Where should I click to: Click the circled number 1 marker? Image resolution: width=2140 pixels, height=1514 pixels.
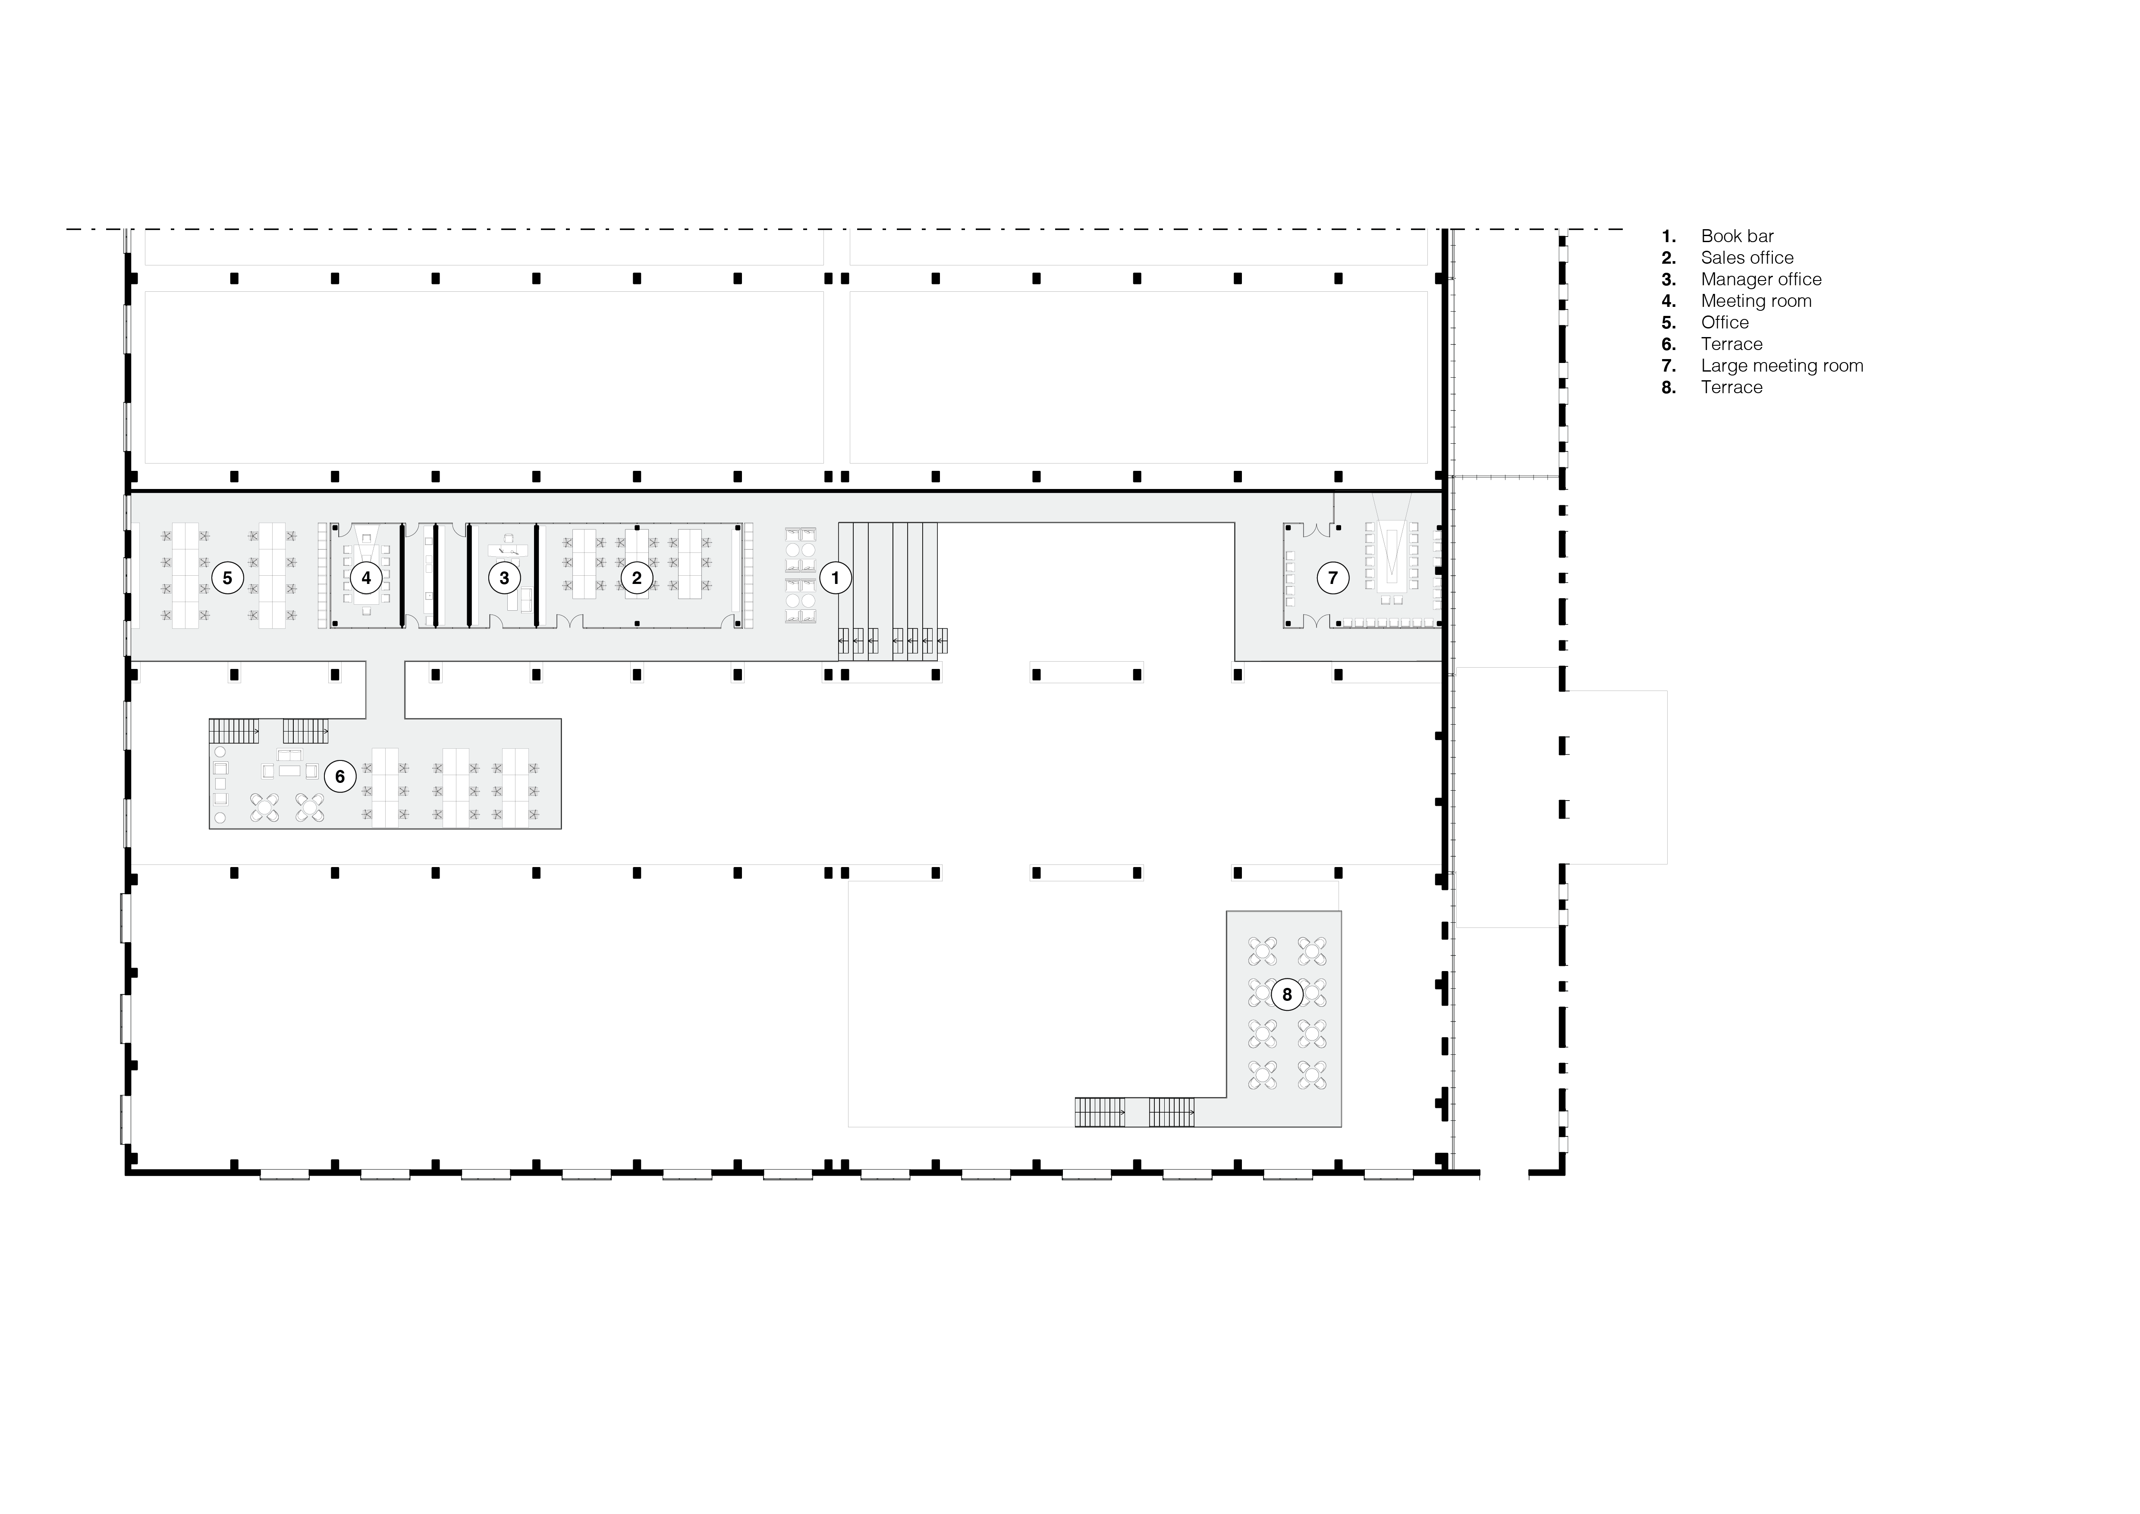(835, 578)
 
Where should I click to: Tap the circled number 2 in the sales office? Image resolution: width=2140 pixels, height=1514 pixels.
(637, 578)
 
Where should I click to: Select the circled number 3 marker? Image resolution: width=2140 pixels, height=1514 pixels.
(504, 578)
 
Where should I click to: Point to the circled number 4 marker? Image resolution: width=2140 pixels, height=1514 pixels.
(366, 578)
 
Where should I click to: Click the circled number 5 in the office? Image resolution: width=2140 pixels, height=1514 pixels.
(227, 578)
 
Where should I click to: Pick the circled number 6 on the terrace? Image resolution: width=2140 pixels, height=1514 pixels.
(340, 776)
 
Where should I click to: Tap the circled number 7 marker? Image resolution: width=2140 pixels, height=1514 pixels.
(1333, 578)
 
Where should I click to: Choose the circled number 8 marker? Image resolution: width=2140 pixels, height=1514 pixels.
(1287, 995)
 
